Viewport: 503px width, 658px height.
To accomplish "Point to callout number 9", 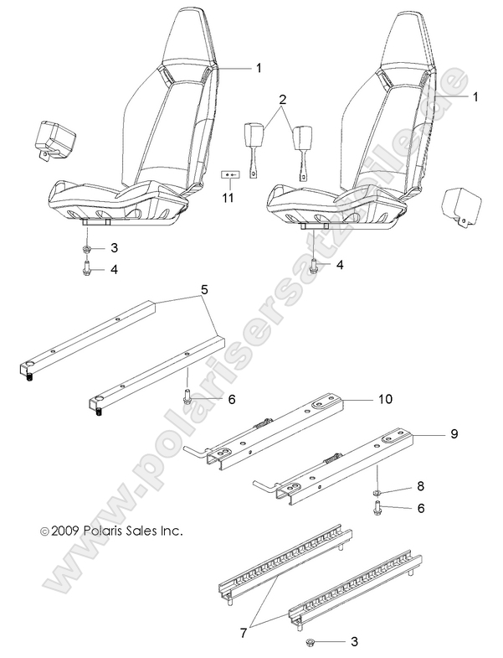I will tap(454, 433).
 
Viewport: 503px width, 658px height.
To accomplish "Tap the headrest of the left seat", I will tap(189, 34).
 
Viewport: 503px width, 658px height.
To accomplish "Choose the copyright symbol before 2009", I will tap(34, 531).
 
